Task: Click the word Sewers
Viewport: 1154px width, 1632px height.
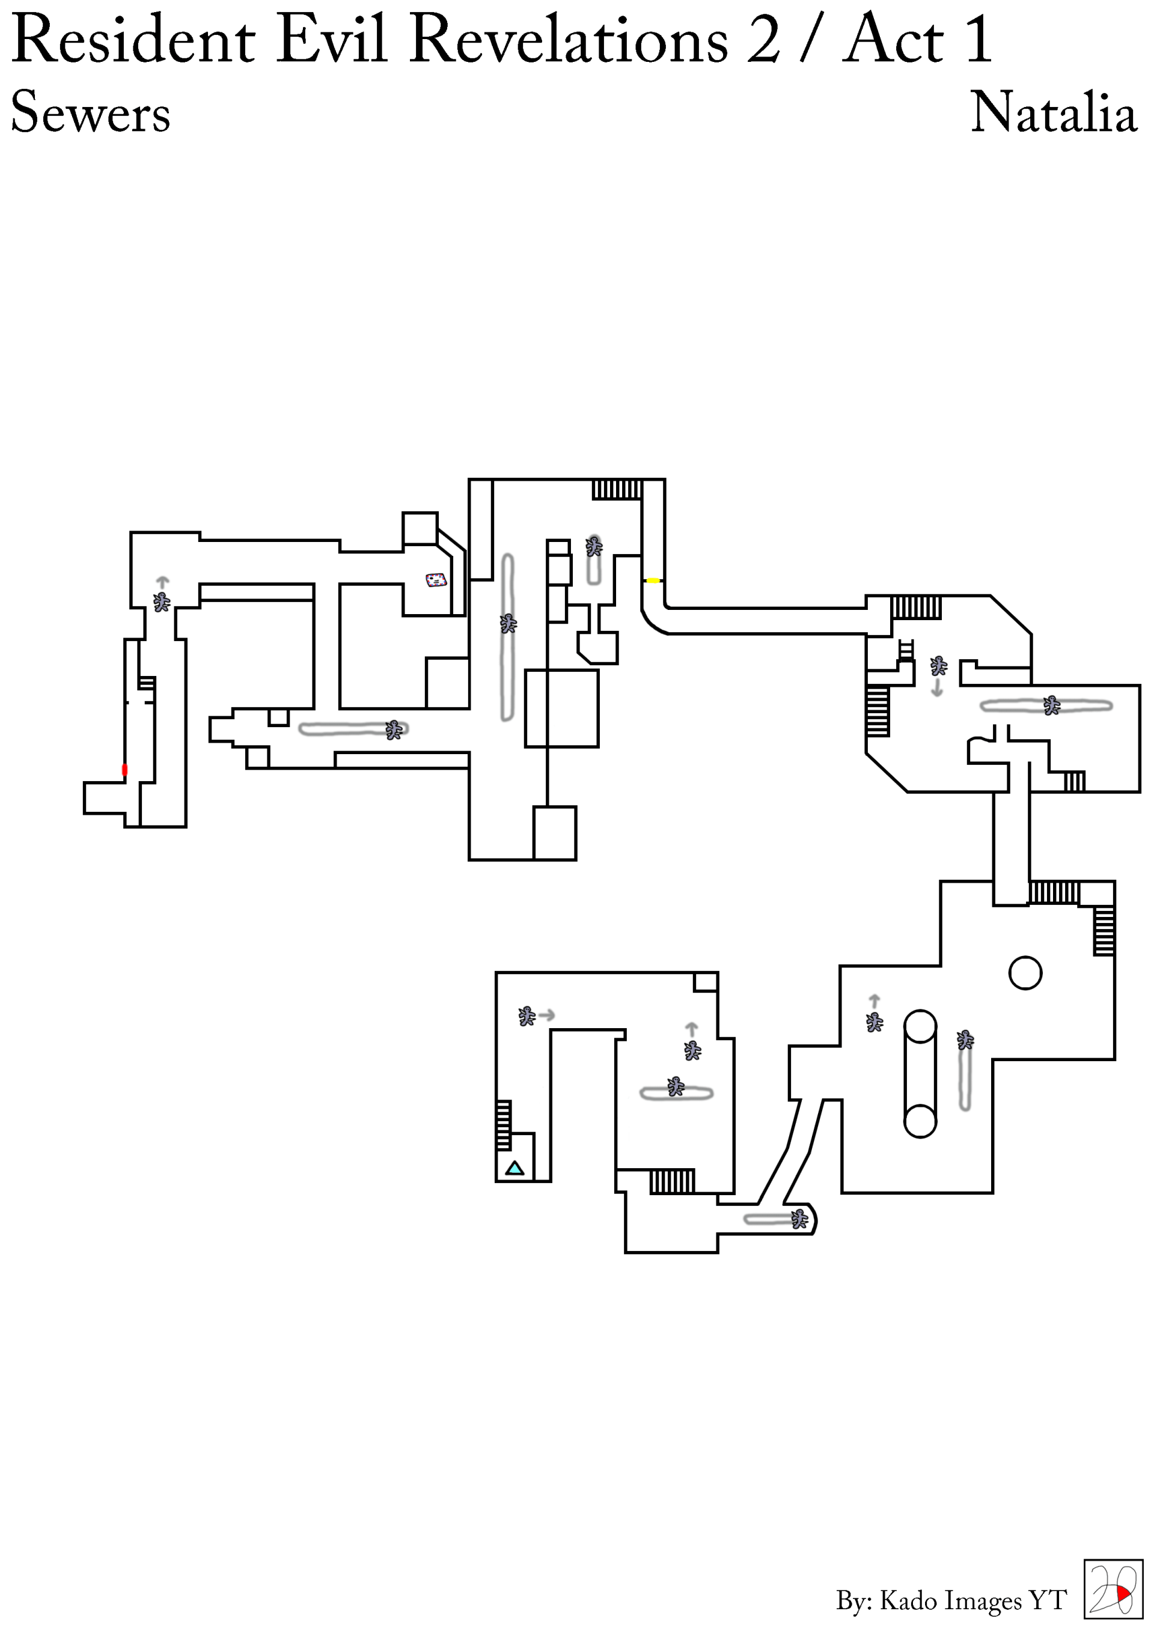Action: pos(90,112)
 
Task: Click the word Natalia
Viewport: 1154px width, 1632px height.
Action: pos(1053,112)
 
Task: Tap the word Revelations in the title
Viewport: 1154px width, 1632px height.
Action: pos(569,40)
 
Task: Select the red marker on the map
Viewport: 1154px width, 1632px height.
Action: pos(125,769)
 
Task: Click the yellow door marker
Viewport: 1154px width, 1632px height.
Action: pos(653,580)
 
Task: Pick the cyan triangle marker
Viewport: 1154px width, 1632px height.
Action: pos(514,1168)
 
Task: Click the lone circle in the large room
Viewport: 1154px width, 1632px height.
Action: pos(1025,973)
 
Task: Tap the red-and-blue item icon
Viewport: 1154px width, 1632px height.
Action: pos(436,580)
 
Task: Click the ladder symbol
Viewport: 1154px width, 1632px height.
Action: pos(905,650)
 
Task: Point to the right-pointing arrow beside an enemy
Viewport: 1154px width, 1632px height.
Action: pos(547,1015)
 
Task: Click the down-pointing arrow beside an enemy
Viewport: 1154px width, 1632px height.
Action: pos(937,687)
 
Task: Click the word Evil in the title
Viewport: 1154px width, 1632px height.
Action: pos(331,40)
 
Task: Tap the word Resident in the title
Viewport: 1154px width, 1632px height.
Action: pos(133,40)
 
